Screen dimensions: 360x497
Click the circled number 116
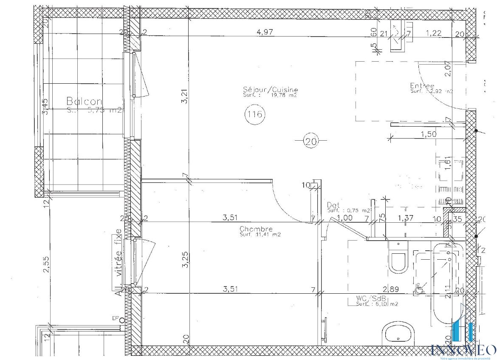tap(255, 114)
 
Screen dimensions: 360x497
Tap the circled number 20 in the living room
tap(311, 141)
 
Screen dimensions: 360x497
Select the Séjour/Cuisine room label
tap(271, 90)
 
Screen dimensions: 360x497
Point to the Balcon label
tap(84, 101)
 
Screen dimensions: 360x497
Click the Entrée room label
tap(422, 85)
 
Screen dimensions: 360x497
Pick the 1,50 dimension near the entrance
tap(428, 134)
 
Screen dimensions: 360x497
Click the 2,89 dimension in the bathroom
tap(391, 289)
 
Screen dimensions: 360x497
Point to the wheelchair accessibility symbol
tap(419, 289)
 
